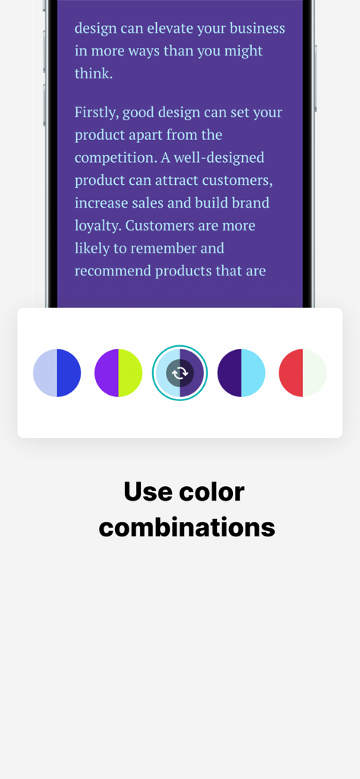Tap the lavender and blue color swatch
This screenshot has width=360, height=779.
tap(57, 373)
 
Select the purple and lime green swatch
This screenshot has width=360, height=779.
tap(118, 373)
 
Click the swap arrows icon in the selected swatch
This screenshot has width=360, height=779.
tap(180, 373)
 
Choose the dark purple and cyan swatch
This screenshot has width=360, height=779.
tap(241, 373)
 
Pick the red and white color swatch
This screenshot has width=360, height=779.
tap(303, 373)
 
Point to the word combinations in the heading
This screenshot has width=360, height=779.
tap(186, 526)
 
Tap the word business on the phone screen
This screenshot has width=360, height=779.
tap(256, 29)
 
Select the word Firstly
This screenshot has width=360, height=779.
tap(97, 113)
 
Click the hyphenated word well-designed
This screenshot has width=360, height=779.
tap(215, 157)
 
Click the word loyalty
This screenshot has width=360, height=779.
tap(97, 226)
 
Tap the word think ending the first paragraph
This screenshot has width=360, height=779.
tap(92, 74)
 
